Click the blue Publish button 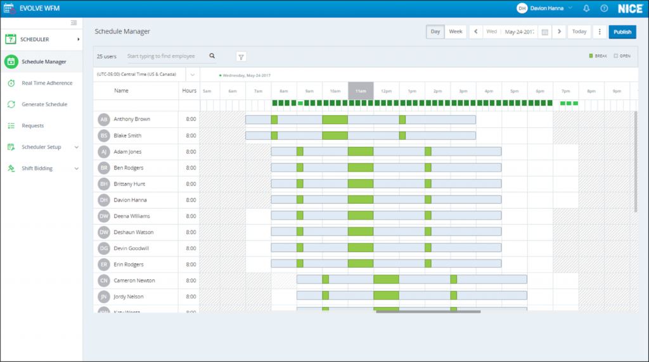pos(622,32)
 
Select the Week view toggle pos(455,32)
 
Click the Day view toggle pos(435,32)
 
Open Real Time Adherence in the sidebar pos(47,83)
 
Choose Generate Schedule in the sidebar pos(44,104)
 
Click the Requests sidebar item pos(33,126)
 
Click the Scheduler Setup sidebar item pos(41,147)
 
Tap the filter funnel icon pos(241,57)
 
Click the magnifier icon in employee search pos(212,56)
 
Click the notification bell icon pos(586,8)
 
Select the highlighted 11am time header pos(361,91)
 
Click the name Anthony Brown pos(132,119)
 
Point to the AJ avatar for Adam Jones pos(104,152)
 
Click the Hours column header pos(190,91)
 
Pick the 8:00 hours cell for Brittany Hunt pos(191,184)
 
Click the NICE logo pos(631,8)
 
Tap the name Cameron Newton pos(134,280)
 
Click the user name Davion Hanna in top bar pos(548,8)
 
